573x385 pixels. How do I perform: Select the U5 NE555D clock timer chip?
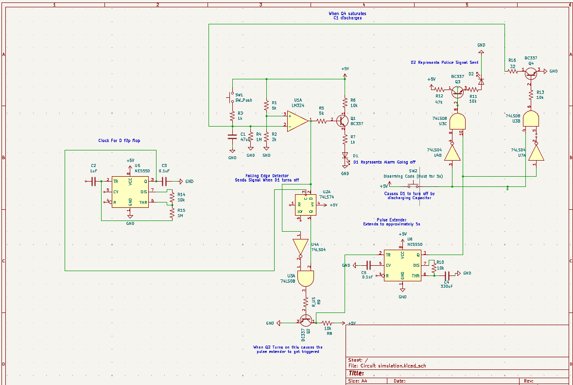point(130,192)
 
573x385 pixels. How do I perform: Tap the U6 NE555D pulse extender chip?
point(402,265)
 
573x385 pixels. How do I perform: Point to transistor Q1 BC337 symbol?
point(342,120)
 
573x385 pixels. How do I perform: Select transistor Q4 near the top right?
point(531,72)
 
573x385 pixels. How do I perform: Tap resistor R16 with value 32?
point(512,71)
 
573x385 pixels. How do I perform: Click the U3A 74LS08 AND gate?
point(305,279)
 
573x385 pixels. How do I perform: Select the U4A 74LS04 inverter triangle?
point(300,247)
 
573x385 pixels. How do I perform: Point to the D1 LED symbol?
point(345,156)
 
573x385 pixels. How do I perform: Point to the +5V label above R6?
point(345,69)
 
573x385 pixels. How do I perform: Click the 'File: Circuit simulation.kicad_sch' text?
point(387,366)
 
